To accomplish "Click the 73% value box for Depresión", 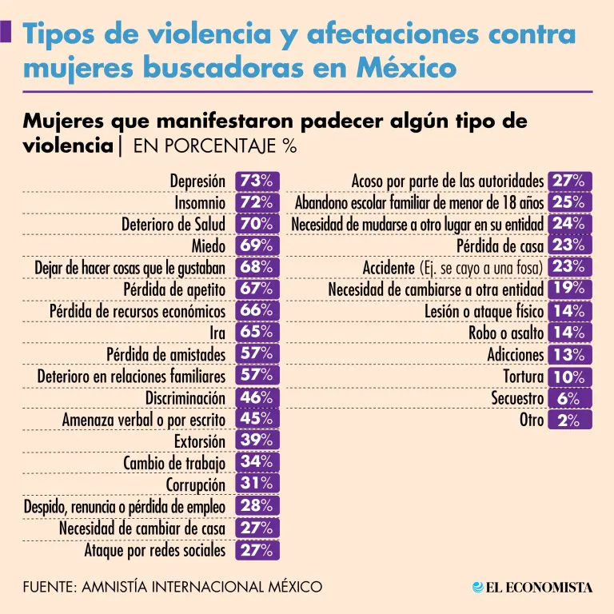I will pos(256,181).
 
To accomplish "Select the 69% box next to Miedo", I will pos(256,245).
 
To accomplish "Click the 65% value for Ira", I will pos(256,332).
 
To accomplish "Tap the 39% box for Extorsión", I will pos(256,441).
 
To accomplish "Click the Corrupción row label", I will pos(196,484).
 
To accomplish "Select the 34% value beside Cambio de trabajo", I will pos(256,462).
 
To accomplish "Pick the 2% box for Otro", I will pos(569,419).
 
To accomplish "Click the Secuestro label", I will pos(517,398).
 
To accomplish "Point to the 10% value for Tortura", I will pos(569,376).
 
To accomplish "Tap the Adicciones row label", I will pos(516,354).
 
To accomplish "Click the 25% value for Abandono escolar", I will pos(569,203).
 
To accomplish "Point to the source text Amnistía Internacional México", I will pos(173,588).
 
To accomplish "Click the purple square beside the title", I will pos(6,32).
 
